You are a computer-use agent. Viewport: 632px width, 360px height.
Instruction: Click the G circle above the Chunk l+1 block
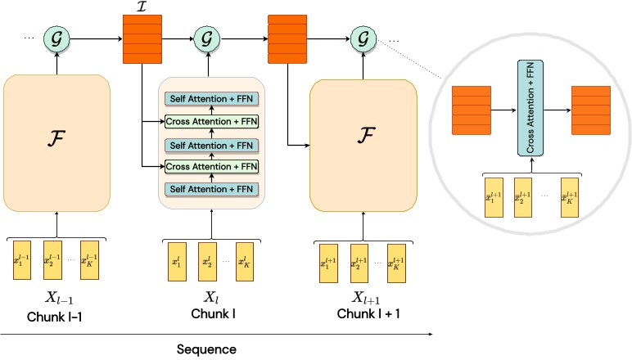tap(363, 38)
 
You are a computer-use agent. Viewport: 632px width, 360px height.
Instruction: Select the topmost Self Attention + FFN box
tap(212, 99)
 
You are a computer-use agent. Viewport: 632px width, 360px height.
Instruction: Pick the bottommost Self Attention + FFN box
tap(212, 190)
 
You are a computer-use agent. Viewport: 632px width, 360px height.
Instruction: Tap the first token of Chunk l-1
tap(24, 259)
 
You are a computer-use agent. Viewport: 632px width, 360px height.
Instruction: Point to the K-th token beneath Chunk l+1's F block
tap(398, 260)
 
